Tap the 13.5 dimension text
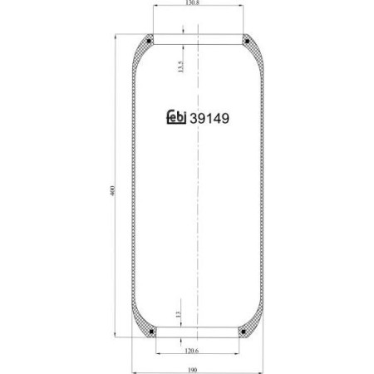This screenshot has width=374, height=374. (180, 67)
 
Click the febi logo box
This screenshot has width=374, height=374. (173, 118)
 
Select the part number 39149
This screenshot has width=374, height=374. (210, 118)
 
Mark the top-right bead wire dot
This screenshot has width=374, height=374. (246, 40)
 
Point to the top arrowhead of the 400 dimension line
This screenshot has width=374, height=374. (117, 37)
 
